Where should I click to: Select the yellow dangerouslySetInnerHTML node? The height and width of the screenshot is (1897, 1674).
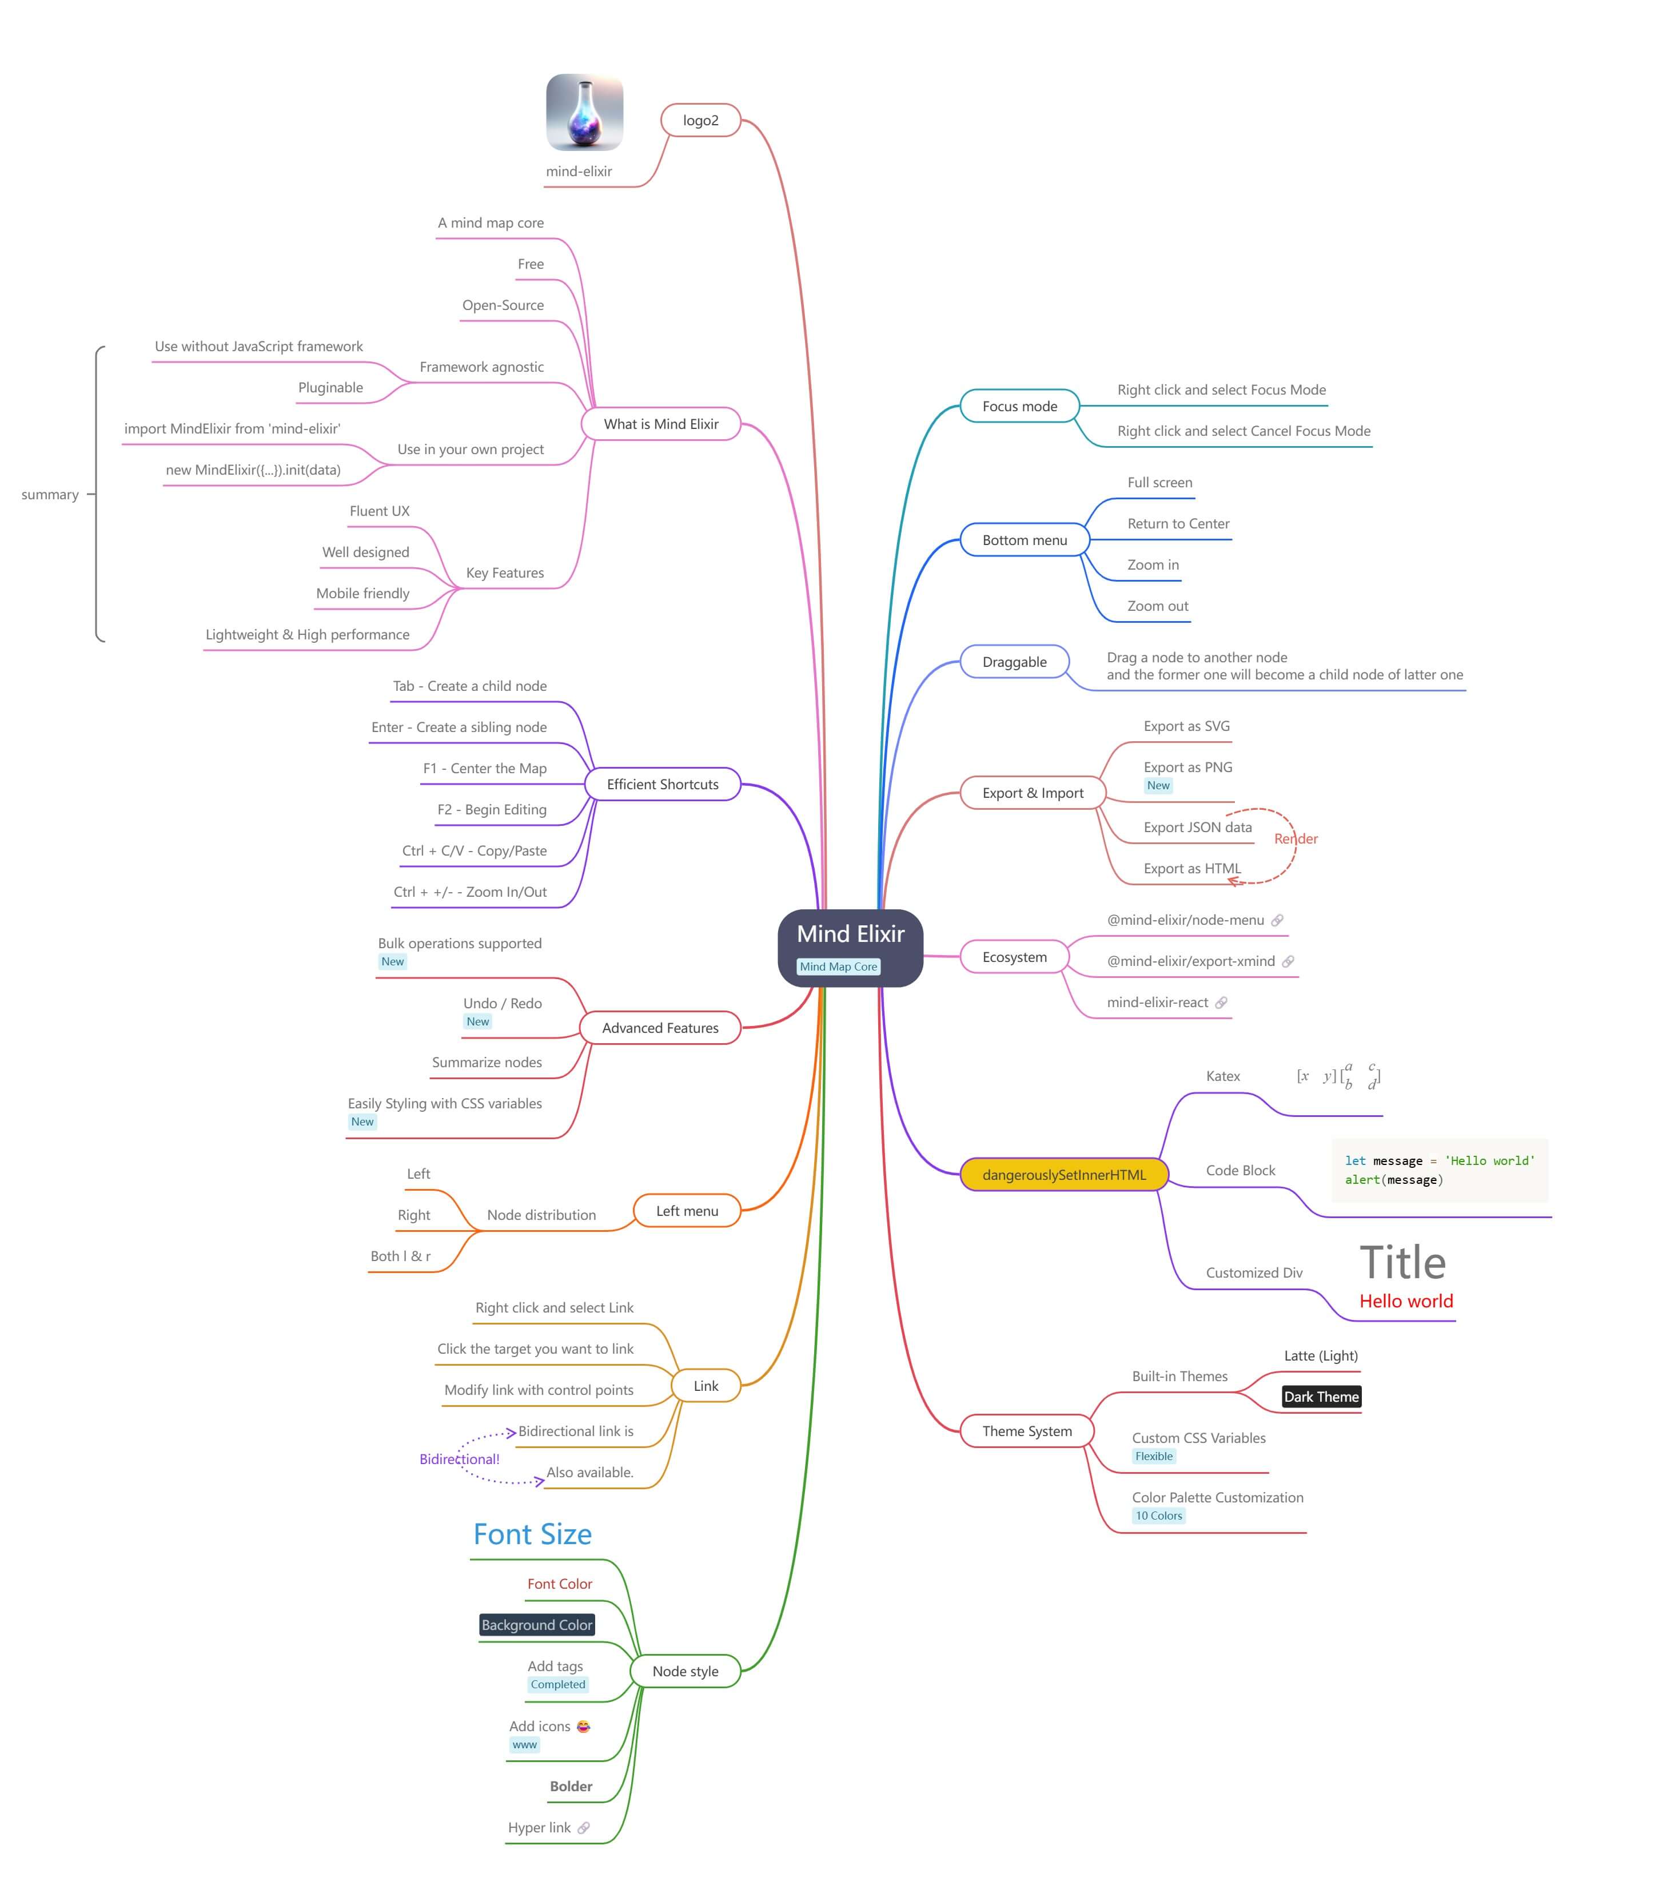click(1063, 1174)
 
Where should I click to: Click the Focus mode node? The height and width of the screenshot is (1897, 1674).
click(1019, 405)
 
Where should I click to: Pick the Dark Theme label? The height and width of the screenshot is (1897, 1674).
click(1321, 1396)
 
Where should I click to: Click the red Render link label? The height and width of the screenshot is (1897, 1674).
click(1296, 839)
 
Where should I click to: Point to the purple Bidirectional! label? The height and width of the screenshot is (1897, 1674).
click(459, 1459)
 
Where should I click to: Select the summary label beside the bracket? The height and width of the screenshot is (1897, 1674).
click(50, 495)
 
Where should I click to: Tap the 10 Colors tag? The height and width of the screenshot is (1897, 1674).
click(1158, 1516)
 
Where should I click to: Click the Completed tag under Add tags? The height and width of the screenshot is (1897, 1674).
click(557, 1684)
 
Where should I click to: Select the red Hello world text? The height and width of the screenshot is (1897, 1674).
click(1406, 1301)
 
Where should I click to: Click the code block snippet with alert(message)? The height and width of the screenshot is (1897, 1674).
click(1438, 1170)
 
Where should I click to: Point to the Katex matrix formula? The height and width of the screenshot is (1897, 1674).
click(1338, 1076)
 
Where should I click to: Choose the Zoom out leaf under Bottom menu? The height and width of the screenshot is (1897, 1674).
click(1157, 606)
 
